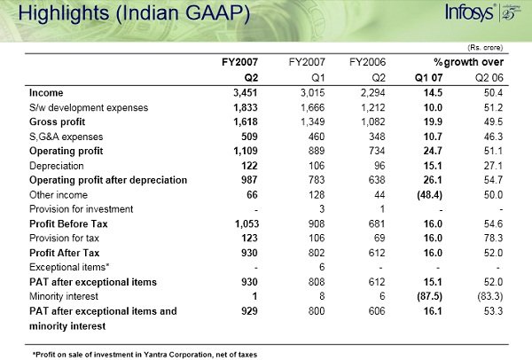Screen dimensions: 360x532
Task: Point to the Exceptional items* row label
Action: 69,266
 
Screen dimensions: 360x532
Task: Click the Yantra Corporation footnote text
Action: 144,354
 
